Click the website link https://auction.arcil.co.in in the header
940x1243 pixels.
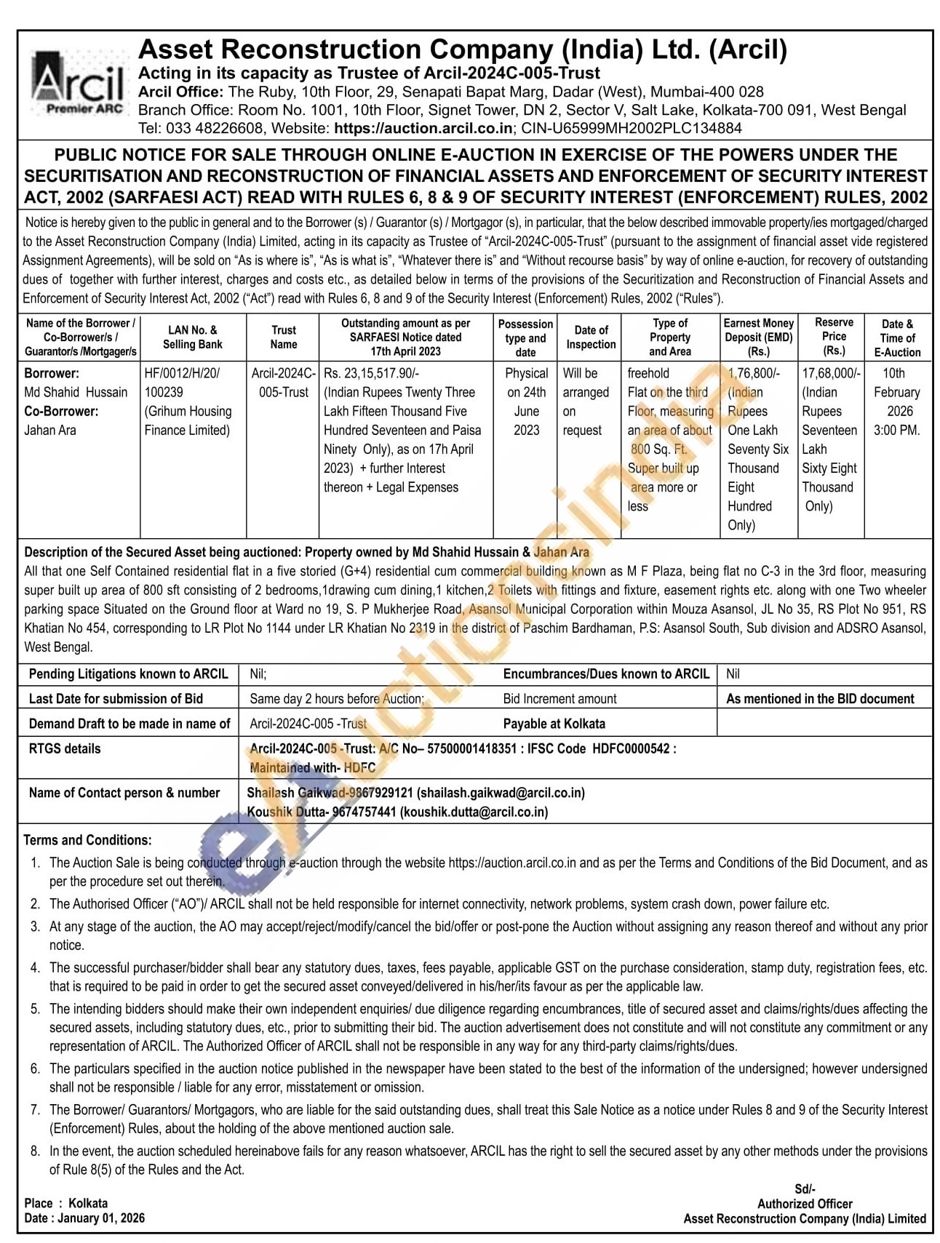point(423,128)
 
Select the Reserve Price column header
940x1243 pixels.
point(833,336)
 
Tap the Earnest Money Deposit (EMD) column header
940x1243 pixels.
point(758,337)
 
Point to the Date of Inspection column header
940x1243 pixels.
point(591,337)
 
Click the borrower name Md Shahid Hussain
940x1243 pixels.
point(76,392)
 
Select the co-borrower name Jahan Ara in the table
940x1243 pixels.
point(50,430)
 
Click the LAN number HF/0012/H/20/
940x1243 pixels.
point(182,373)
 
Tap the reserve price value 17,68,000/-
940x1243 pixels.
point(831,373)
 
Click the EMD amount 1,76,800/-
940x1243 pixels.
point(754,373)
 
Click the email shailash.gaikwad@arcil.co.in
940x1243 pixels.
point(501,793)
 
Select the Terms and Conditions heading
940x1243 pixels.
point(87,840)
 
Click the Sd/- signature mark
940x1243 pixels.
point(805,1189)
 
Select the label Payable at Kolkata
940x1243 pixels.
point(554,724)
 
